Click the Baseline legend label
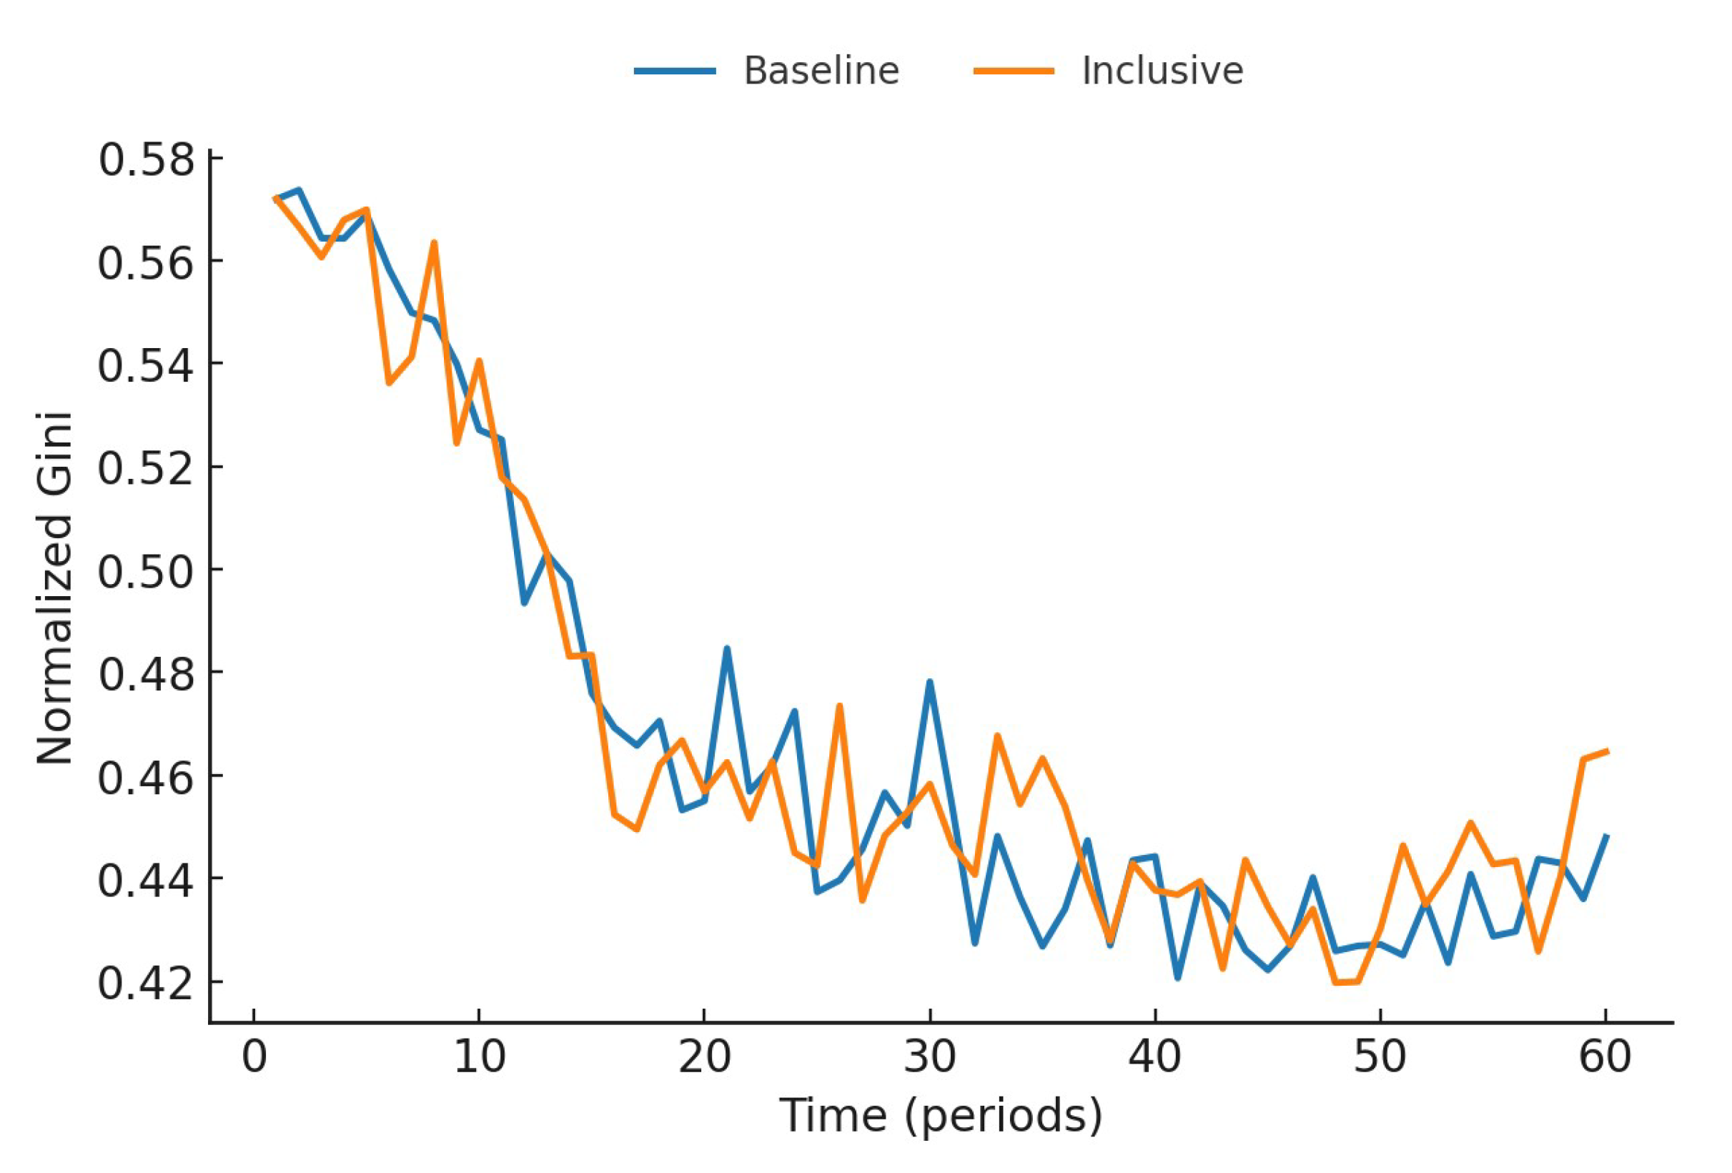pos(821,71)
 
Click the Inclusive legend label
pos(1162,71)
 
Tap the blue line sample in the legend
pos(675,71)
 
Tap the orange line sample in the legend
pos(1014,71)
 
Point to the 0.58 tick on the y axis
pos(146,159)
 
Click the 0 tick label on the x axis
pos(254,1056)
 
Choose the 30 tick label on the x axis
pos(929,1056)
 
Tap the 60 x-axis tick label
pos(1605,1056)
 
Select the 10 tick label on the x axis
pos(479,1056)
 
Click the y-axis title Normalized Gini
pos(54,588)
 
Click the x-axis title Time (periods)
pos(941,1116)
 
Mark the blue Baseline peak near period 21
pos(727,649)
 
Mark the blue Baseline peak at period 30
pos(929,682)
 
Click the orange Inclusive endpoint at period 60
pos(1606,751)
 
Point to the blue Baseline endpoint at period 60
pos(1606,836)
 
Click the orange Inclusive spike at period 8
pos(434,243)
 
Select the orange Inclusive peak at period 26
pos(839,705)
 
